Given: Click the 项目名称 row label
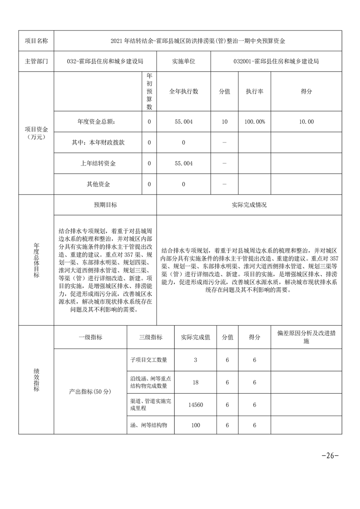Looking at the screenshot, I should (x=36, y=41).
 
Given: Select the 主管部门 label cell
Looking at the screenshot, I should (x=36, y=61).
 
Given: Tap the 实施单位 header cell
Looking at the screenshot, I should (x=183, y=61).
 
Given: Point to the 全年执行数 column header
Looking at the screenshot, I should (x=183, y=91).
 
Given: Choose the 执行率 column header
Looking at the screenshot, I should (x=255, y=91).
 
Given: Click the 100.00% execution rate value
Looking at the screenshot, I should (x=255, y=122).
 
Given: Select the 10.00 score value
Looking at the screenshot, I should (x=306, y=122).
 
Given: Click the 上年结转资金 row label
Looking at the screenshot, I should (x=98, y=163).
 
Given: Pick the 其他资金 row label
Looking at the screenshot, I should (x=98, y=184).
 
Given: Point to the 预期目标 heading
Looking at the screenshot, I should (x=105, y=205).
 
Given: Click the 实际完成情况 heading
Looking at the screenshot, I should (x=249, y=205).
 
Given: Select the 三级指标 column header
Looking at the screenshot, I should (x=151, y=338).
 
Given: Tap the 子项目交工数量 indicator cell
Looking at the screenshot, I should (x=149, y=360).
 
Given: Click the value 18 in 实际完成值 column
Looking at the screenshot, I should (x=196, y=382).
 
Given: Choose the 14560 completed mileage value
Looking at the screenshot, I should (x=196, y=405).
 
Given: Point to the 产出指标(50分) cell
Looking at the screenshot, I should (x=90, y=391).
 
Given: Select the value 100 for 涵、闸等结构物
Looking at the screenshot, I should (x=196, y=425).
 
